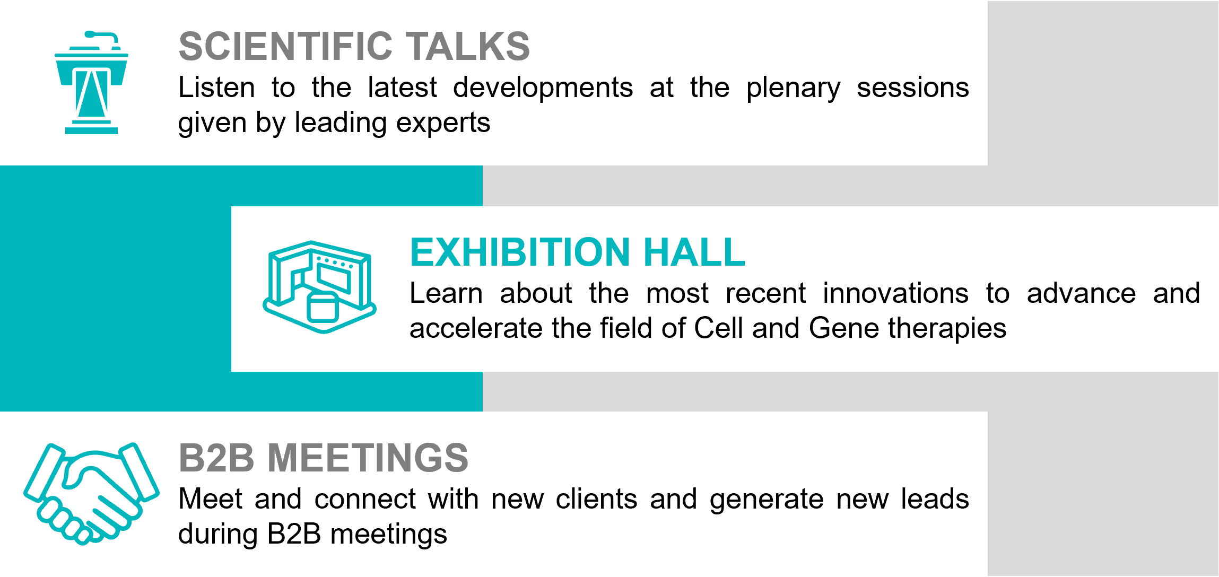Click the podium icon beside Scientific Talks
click(92, 85)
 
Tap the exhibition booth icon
click(319, 287)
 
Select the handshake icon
click(91, 494)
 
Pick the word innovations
click(895, 293)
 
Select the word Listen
click(216, 88)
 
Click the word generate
click(767, 501)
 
